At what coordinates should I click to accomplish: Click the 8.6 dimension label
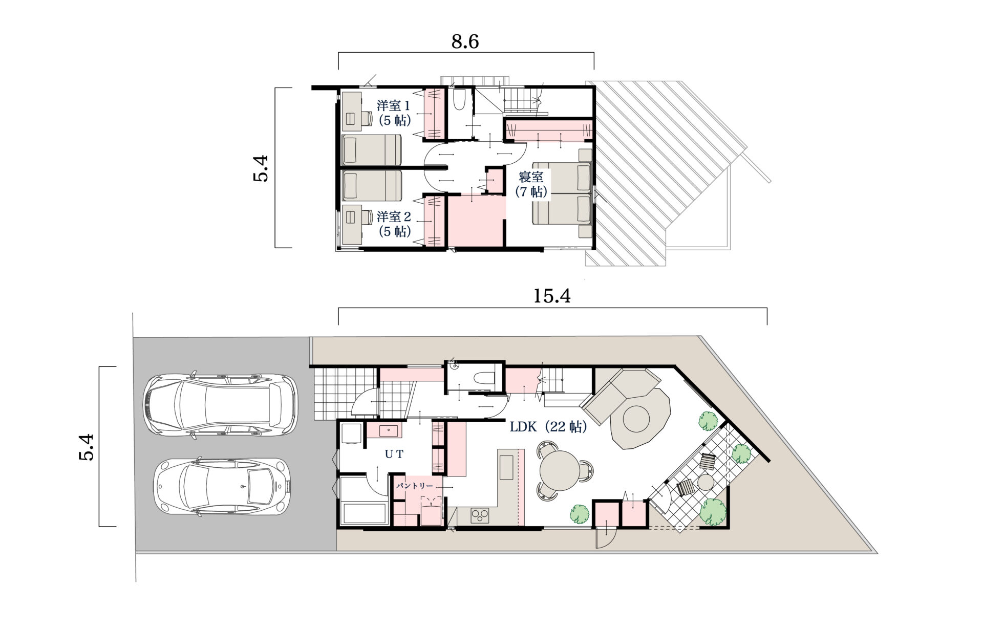click(465, 41)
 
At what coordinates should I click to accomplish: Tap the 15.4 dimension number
click(552, 296)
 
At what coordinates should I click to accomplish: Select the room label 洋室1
click(393, 106)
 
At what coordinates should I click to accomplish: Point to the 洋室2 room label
click(393, 216)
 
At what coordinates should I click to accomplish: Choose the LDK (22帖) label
click(548, 426)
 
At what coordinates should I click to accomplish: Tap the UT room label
click(394, 453)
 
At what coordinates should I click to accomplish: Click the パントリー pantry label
click(414, 486)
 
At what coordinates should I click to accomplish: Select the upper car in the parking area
click(220, 406)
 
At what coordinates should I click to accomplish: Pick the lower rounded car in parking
click(223, 486)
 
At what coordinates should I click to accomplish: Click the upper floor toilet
click(459, 100)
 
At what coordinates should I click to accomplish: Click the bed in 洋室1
click(372, 150)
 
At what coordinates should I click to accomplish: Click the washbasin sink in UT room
click(387, 430)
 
